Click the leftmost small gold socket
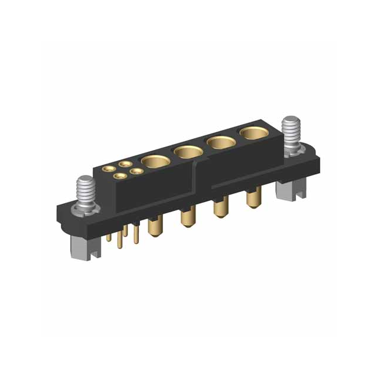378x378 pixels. coord(110,169)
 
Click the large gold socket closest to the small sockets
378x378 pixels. coord(155,160)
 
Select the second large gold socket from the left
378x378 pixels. coord(188,152)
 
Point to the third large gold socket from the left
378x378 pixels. coord(220,143)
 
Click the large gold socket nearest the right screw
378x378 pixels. coord(253,133)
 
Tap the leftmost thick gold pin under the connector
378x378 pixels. coord(154,228)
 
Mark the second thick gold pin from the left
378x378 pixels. coord(187,220)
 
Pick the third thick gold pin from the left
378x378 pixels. coord(219,210)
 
